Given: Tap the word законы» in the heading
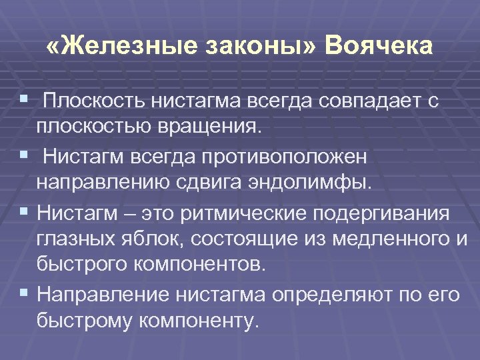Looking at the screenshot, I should pos(254,47).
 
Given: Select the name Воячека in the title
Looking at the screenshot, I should pos(379,47).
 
